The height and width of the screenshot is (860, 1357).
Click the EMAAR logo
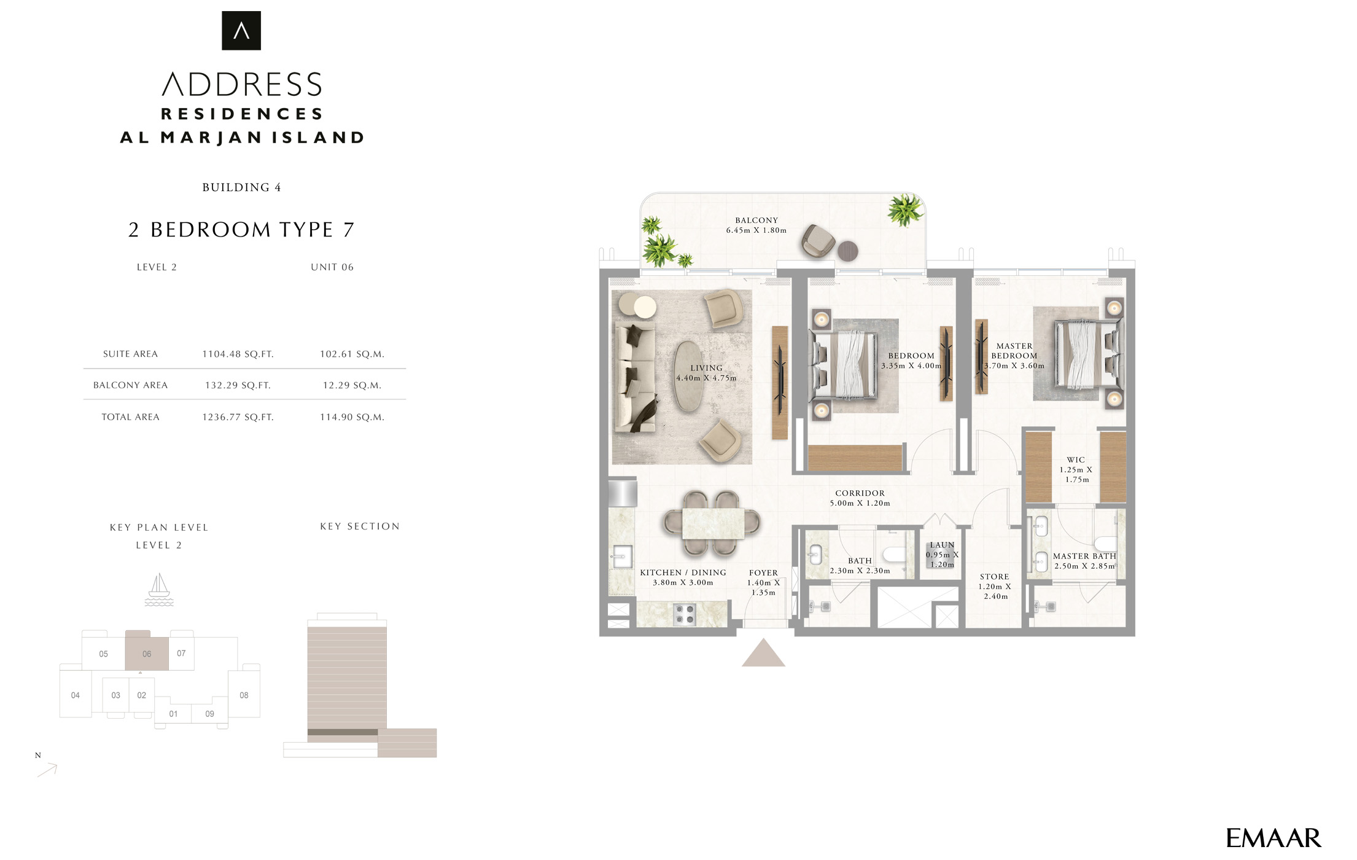click(1273, 838)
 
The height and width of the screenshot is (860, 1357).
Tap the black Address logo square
click(241, 31)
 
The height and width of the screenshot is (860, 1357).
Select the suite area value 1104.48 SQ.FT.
click(238, 354)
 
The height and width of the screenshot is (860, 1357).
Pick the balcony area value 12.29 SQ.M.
click(352, 385)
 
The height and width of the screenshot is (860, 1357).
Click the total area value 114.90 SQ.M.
click(352, 417)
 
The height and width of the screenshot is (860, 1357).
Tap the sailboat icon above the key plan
click(159, 590)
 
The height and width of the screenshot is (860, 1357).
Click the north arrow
click(47, 770)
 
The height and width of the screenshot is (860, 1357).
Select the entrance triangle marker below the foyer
click(763, 653)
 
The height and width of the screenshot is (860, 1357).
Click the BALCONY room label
click(756, 220)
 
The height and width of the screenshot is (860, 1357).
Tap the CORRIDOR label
click(860, 493)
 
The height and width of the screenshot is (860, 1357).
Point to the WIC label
click(1076, 459)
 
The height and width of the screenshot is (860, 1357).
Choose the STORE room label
click(994, 576)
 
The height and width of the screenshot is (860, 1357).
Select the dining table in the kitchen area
click(713, 523)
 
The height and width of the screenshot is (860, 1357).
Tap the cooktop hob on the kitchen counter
click(684, 614)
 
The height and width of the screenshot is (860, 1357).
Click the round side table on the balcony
click(848, 251)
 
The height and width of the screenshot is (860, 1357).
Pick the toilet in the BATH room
click(894, 554)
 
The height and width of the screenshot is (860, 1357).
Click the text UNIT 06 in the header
click(332, 267)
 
